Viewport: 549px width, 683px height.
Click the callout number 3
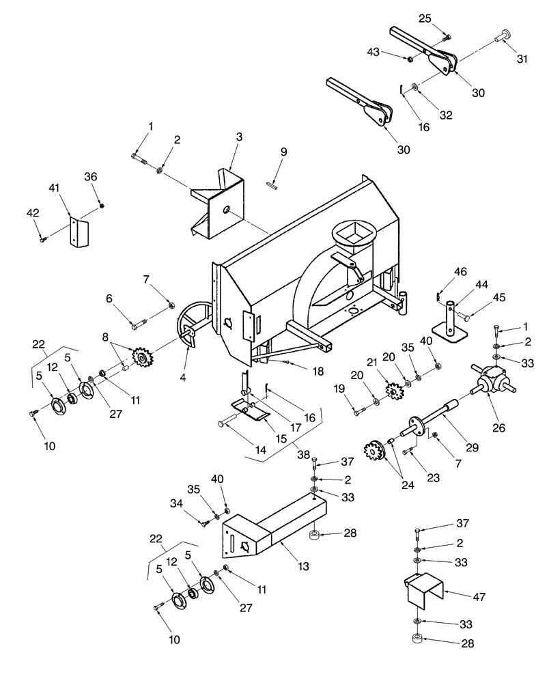[x=239, y=138]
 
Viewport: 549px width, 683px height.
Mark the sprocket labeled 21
[x=393, y=393]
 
